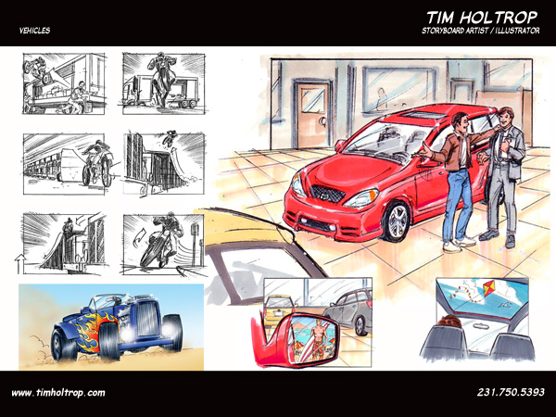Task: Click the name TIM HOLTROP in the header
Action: tap(482, 18)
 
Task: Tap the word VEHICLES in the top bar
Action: tap(35, 31)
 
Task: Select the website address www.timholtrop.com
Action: tap(58, 393)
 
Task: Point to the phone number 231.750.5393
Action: tap(511, 392)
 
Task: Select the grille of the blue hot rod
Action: tap(146, 319)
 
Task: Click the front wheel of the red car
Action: tap(397, 221)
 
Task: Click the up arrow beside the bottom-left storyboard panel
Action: tap(19, 263)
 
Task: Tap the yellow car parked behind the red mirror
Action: tap(278, 310)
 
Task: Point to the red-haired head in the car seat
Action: tap(449, 321)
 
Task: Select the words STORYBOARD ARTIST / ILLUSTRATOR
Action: tap(480, 31)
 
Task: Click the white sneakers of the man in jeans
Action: tap(459, 245)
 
